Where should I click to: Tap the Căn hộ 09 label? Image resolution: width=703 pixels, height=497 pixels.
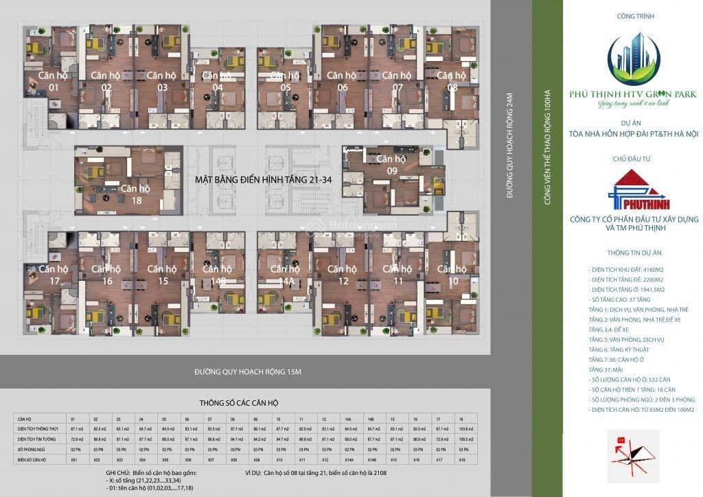click(x=392, y=164)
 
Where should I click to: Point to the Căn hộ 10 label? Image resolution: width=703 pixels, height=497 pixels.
click(x=452, y=275)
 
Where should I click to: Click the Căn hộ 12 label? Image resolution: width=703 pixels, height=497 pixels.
click(x=342, y=275)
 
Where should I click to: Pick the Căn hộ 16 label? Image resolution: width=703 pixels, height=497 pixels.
click(x=106, y=275)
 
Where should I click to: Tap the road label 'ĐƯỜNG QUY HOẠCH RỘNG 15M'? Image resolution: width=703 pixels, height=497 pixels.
click(x=248, y=371)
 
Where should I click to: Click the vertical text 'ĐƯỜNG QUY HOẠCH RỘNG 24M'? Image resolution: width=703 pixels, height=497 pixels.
click(x=509, y=146)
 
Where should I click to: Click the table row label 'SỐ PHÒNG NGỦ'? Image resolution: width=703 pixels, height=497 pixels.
click(x=33, y=448)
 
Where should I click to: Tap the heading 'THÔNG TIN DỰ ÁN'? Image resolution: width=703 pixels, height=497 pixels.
click(x=633, y=253)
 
